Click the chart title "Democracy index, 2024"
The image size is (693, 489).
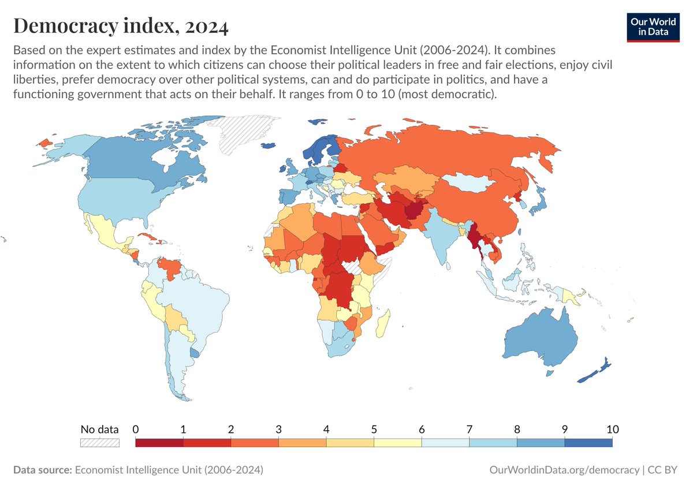click(x=121, y=26)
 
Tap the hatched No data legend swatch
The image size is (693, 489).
click(x=99, y=443)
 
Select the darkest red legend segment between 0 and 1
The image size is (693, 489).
click(x=159, y=443)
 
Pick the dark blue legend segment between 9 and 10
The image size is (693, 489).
click(x=588, y=443)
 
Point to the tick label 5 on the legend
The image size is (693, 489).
click(x=374, y=430)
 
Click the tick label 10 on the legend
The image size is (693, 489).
click(x=612, y=430)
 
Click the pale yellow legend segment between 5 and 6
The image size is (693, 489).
click(x=397, y=443)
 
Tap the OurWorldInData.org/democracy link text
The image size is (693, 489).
click(x=563, y=470)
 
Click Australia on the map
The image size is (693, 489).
click(x=540, y=341)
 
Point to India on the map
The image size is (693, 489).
click(x=442, y=237)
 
